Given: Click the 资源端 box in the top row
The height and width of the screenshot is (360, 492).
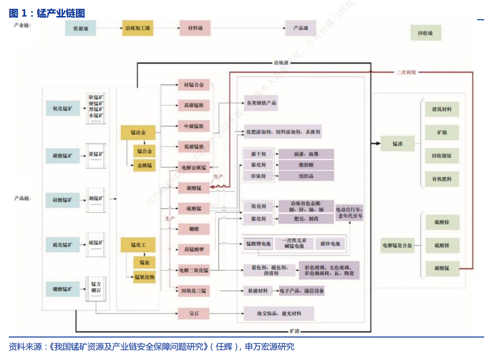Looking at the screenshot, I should pyautogui.click(x=80, y=29).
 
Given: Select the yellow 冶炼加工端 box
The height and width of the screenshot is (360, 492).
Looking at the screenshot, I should pyautogui.click(x=137, y=29).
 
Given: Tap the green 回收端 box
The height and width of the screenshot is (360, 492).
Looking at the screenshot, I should pyautogui.click(x=425, y=33).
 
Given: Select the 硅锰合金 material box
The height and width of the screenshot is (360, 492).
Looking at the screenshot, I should pyautogui.click(x=194, y=85).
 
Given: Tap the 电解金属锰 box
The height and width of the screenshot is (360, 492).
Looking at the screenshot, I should pyautogui.click(x=194, y=167).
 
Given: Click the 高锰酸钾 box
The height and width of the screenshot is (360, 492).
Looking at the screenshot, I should pyautogui.click(x=194, y=250).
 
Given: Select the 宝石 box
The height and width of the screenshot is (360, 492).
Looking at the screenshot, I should pyautogui.click(x=194, y=314).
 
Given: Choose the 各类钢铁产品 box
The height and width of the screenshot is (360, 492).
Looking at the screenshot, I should pyautogui.click(x=261, y=103).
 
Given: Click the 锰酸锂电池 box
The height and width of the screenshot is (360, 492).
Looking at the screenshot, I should pyautogui.click(x=258, y=243).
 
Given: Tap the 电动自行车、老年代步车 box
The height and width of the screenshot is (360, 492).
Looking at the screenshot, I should pyautogui.click(x=349, y=212).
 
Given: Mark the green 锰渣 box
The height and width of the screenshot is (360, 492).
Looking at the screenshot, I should pyautogui.click(x=397, y=144).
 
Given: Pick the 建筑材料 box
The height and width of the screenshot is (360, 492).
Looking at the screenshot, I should pyautogui.click(x=442, y=109).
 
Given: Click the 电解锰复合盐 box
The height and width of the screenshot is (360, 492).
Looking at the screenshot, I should pyautogui.click(x=397, y=246).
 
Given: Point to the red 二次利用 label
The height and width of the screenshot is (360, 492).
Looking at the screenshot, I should pyautogui.click(x=406, y=72).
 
